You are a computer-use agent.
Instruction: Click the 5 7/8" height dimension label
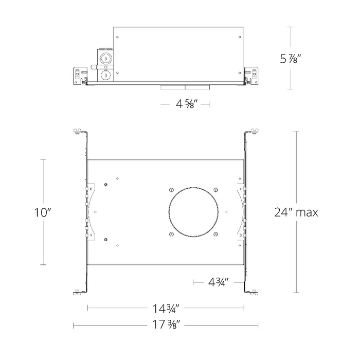point(290,59)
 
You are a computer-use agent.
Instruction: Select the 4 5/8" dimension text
point(185,104)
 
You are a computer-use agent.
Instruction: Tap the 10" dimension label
point(43,212)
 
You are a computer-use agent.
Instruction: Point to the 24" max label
point(296,212)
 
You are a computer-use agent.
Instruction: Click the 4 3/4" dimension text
point(219,282)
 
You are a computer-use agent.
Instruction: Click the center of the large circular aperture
point(193,212)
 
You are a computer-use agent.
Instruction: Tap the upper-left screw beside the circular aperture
point(171,190)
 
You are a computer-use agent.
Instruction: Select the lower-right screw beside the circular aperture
point(215,234)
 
